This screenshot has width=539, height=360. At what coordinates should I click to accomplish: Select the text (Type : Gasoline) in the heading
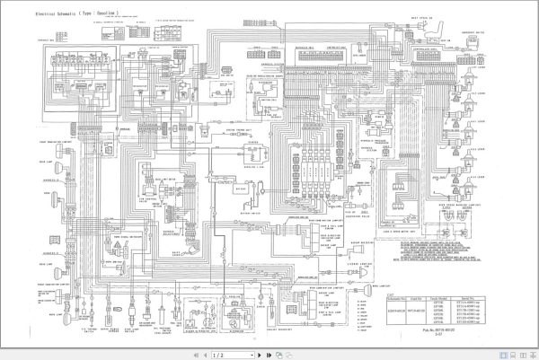pyautogui.click(x=89, y=15)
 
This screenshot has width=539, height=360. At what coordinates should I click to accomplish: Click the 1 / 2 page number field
pyautogui.click(x=216, y=353)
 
